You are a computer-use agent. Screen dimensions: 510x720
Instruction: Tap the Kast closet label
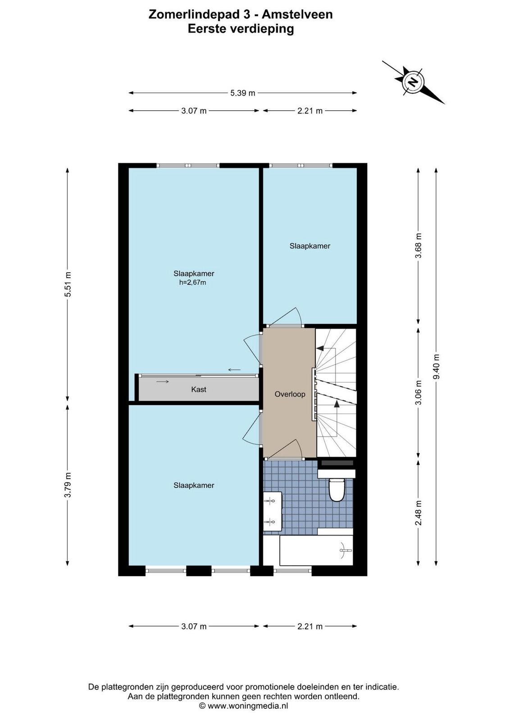(199, 390)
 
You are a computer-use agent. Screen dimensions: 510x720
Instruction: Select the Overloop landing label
(290, 394)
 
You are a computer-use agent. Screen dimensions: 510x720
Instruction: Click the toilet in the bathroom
(337, 490)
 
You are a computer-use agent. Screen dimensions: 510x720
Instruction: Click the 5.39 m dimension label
(243, 93)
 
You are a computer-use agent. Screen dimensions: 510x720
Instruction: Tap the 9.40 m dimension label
(436, 366)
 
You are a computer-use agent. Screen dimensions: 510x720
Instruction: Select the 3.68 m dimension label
(418, 246)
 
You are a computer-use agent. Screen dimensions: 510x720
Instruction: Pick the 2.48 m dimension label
(418, 513)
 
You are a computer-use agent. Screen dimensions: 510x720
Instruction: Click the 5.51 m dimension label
(68, 285)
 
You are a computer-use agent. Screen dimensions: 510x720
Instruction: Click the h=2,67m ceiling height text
(192, 283)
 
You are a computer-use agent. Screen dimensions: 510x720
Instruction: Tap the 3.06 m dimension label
(418, 393)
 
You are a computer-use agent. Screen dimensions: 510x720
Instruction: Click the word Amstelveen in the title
(297, 15)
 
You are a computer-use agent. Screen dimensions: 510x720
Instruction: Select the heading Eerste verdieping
(241, 29)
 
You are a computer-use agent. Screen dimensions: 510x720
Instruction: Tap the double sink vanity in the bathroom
(273, 511)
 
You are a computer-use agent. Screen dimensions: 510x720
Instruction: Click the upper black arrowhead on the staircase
(320, 348)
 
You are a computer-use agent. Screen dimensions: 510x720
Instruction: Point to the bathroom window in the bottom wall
(292, 571)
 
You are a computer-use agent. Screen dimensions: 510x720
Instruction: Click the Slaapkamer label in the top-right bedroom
(310, 246)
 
